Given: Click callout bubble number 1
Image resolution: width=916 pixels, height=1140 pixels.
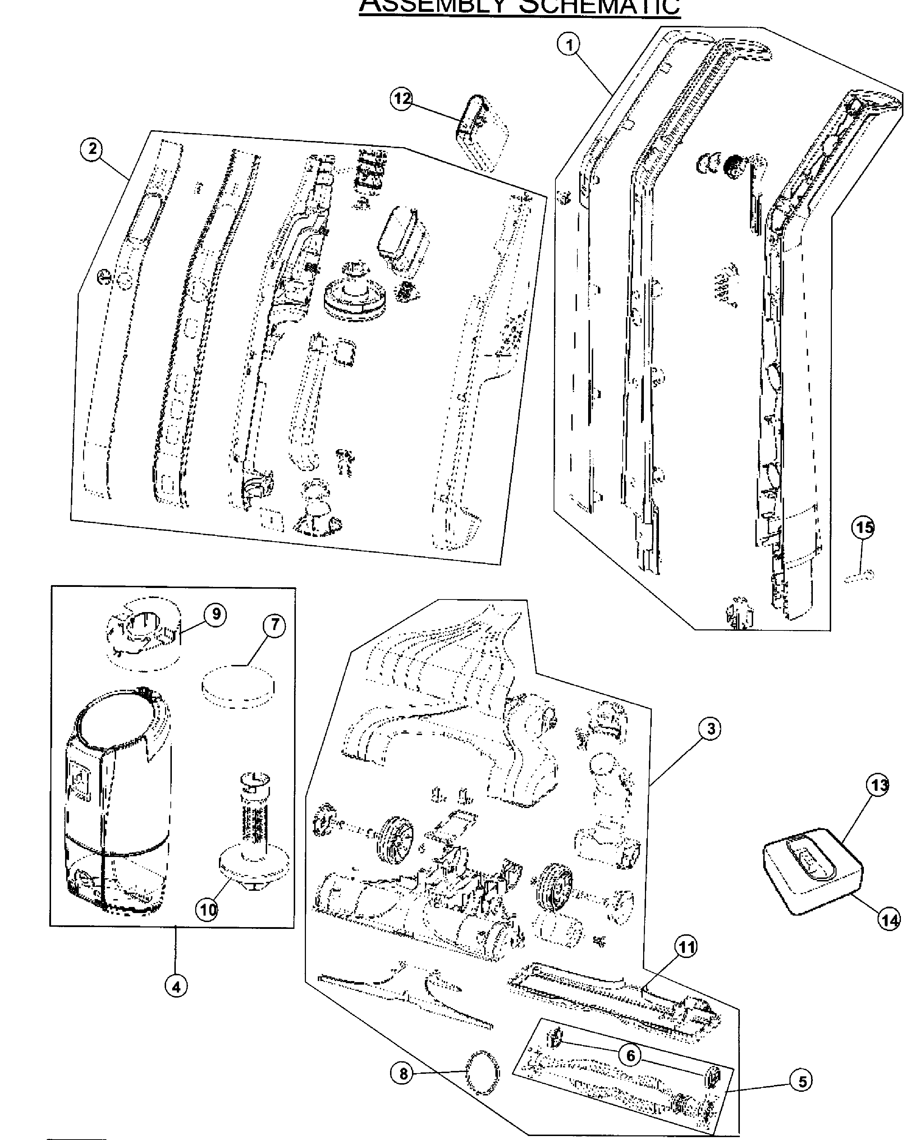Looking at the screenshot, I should [x=569, y=45].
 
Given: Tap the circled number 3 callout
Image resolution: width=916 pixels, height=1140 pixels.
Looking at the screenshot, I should [x=710, y=729].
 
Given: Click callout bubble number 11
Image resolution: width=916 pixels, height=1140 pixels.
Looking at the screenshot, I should [x=686, y=947].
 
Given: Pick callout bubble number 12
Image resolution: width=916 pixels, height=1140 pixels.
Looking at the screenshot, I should [x=402, y=98].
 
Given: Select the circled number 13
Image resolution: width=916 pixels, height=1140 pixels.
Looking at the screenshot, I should [x=878, y=785].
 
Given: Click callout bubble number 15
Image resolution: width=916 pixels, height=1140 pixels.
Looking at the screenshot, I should [x=863, y=527].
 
